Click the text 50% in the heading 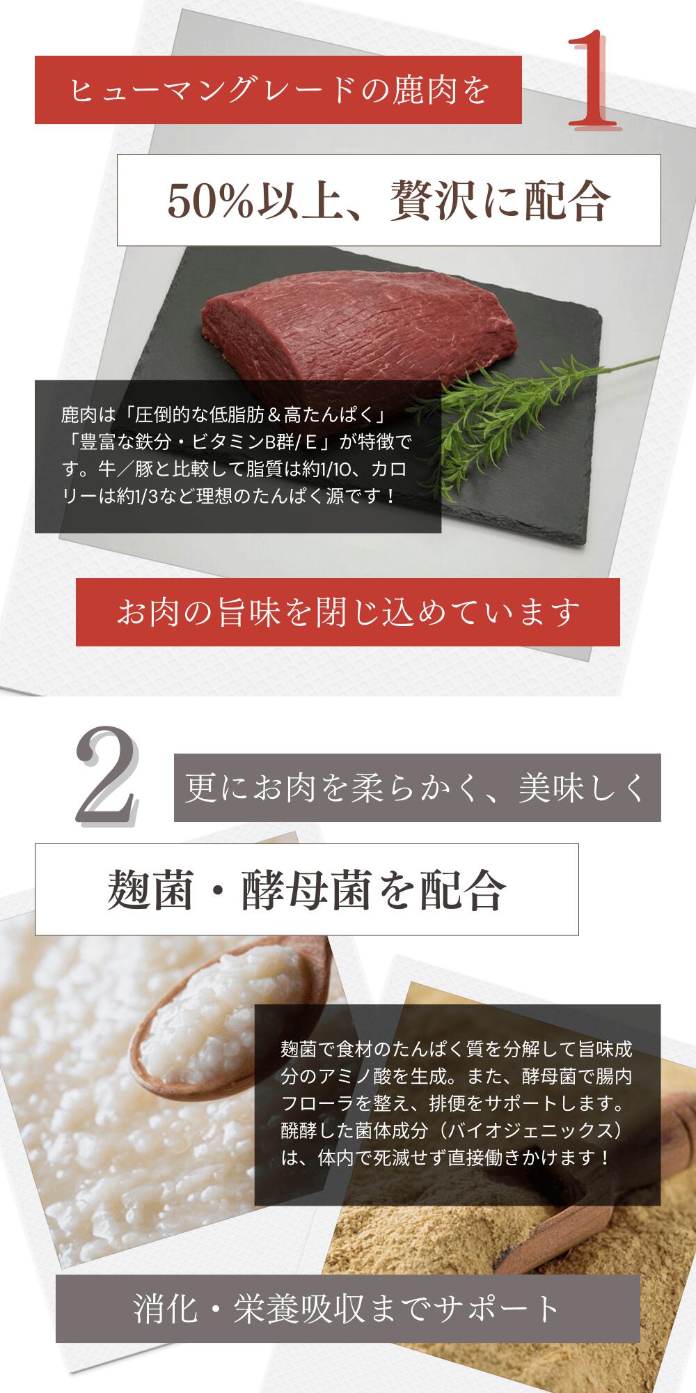[201, 201]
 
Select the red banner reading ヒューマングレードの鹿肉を [278, 91]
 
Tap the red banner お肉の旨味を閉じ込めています [347, 612]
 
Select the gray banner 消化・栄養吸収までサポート [347, 1309]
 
